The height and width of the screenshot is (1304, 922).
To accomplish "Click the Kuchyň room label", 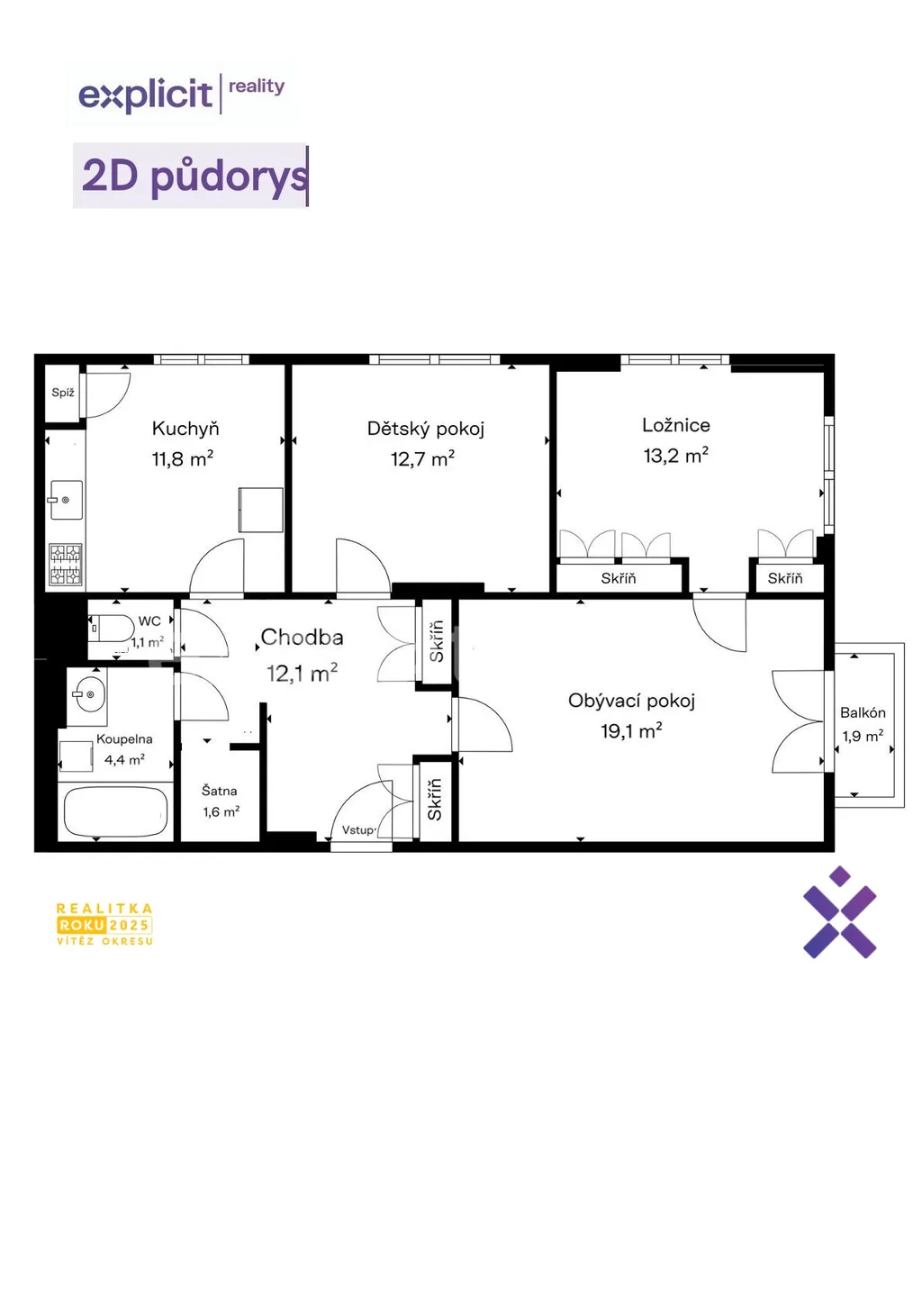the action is pos(185,429).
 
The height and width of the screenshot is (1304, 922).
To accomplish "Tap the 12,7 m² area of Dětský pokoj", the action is pos(422,458).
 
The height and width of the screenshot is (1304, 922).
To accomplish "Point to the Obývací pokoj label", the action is pos(631,701).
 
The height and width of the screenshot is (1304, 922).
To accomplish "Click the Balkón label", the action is pos(863,712).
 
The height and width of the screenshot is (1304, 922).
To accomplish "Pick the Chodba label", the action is pos(302,637).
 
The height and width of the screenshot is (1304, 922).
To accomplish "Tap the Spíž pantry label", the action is pos(63,393).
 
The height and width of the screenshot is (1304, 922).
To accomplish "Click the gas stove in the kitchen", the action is pos(65,564).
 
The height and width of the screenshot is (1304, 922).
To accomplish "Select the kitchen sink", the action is pos(66,500).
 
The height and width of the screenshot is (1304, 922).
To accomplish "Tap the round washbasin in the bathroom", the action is pos(87,694).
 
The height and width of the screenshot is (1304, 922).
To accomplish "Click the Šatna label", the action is pos(219,791).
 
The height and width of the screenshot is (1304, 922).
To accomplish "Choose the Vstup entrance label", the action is pos(358,830).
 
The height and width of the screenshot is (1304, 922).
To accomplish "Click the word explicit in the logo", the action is pos(146,95).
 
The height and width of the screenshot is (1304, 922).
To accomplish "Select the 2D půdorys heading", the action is pos(194,176).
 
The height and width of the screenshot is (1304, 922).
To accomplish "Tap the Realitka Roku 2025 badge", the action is pos(104,924).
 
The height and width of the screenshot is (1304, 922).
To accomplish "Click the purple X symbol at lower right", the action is pos(839,912).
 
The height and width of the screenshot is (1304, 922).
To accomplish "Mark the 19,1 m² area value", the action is pos(631,731).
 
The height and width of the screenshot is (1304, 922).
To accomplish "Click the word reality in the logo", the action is pos(256,86).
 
